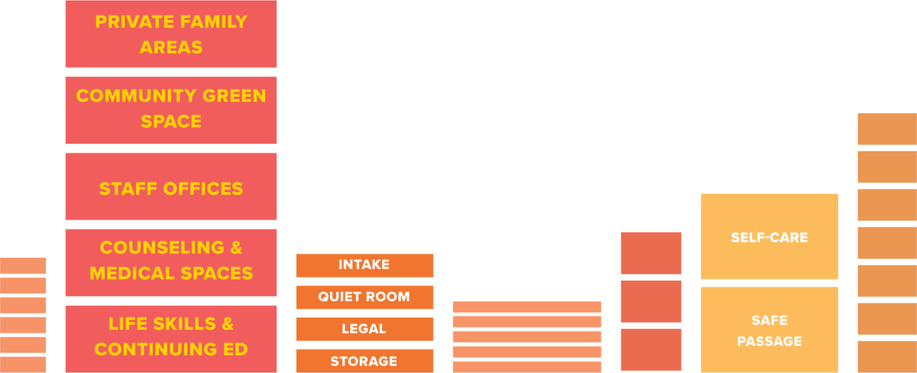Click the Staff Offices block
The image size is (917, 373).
click(x=171, y=186)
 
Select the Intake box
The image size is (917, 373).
click(x=364, y=265)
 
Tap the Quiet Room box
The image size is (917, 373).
click(x=364, y=297)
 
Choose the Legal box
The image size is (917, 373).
click(x=364, y=329)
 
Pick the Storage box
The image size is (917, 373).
click(x=364, y=361)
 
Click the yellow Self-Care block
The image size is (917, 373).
click(x=769, y=237)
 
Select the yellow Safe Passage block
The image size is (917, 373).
click(x=769, y=330)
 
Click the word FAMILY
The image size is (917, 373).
click(x=213, y=22)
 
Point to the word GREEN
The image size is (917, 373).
click(x=234, y=96)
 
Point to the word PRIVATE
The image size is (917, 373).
click(x=129, y=22)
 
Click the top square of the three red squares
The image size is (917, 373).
click(x=651, y=253)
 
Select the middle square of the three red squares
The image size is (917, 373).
click(x=651, y=301)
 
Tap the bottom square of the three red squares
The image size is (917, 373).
click(x=651, y=349)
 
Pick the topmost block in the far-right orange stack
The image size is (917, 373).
click(x=887, y=129)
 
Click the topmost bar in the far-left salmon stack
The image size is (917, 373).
click(x=23, y=265)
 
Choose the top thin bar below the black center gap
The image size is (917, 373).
click(x=527, y=307)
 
